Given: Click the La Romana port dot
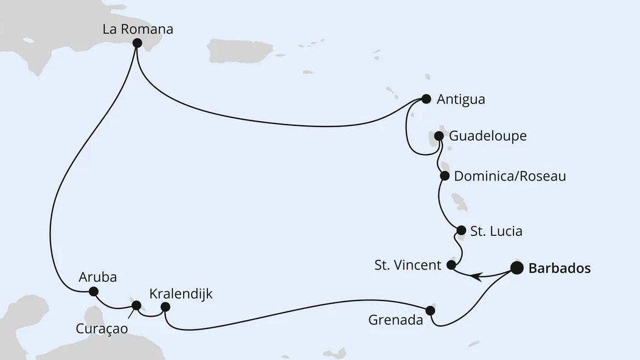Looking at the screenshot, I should pos(137,43).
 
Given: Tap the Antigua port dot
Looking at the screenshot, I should pos(426,99).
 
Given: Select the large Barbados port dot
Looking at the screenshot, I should pos(517,268).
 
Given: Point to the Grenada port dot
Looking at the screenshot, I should pos(430,310).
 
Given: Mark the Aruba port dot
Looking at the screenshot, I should pos(93,291).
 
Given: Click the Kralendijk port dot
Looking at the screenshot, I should pos(164,308).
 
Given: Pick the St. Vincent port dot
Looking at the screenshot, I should pos(451,265).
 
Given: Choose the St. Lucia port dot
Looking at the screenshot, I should pos(461,230).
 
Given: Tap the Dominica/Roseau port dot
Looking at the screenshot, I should pos(445,176).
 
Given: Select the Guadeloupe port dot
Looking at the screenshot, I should pos(439,136).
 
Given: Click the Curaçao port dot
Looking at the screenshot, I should pos(136,305).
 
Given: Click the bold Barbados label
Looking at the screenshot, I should pos(560,268).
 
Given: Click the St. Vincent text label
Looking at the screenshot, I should pos(406,265).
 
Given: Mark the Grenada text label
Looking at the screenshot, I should pos(395,320).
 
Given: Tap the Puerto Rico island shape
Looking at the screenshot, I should pos(240,51).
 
